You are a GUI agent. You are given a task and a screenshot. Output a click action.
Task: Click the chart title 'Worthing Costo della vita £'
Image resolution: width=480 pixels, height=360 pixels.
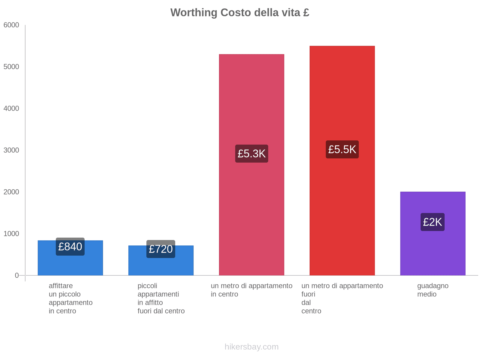pos(240,13)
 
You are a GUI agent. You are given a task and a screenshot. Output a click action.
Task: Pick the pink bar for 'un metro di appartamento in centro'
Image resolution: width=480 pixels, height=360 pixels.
pos(251,210)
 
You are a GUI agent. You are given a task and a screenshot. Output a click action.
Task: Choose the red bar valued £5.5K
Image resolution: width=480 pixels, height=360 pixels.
pos(342,210)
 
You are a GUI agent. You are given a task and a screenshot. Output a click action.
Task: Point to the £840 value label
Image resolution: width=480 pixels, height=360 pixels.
pos(70,247)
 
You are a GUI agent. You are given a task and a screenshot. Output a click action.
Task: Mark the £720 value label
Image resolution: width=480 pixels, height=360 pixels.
pos(161,249)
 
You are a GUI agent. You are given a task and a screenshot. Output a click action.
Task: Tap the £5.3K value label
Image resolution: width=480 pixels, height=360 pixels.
pos(251,154)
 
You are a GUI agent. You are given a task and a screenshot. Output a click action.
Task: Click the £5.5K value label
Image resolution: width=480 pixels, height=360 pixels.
pos(342,149)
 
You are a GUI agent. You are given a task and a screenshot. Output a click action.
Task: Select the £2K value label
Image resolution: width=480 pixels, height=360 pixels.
pos(433,222)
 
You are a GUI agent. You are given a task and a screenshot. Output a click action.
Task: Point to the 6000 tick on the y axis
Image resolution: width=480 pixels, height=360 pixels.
pos(11,25)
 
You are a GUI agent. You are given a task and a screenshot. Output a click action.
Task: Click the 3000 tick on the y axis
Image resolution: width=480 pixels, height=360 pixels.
pos(11,150)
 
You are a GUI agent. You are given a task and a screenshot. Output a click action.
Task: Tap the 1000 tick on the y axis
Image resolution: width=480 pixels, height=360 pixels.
pos(11,234)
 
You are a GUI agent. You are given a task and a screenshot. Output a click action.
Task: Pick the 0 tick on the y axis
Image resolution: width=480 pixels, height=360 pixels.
pos(17,275)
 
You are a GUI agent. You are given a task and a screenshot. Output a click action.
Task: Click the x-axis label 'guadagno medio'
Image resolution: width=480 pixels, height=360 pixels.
pos(433,290)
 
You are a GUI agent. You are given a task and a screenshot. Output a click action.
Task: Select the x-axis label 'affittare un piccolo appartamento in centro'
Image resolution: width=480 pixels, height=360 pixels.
pos(70,298)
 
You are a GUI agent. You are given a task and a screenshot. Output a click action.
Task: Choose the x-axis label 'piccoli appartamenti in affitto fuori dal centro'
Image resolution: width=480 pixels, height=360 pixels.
pos(161,298)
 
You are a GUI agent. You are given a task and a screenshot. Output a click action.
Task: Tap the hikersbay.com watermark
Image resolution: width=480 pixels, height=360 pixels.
pos(251,347)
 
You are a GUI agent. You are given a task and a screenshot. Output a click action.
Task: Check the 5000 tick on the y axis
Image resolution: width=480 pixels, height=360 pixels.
pos(11,67)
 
